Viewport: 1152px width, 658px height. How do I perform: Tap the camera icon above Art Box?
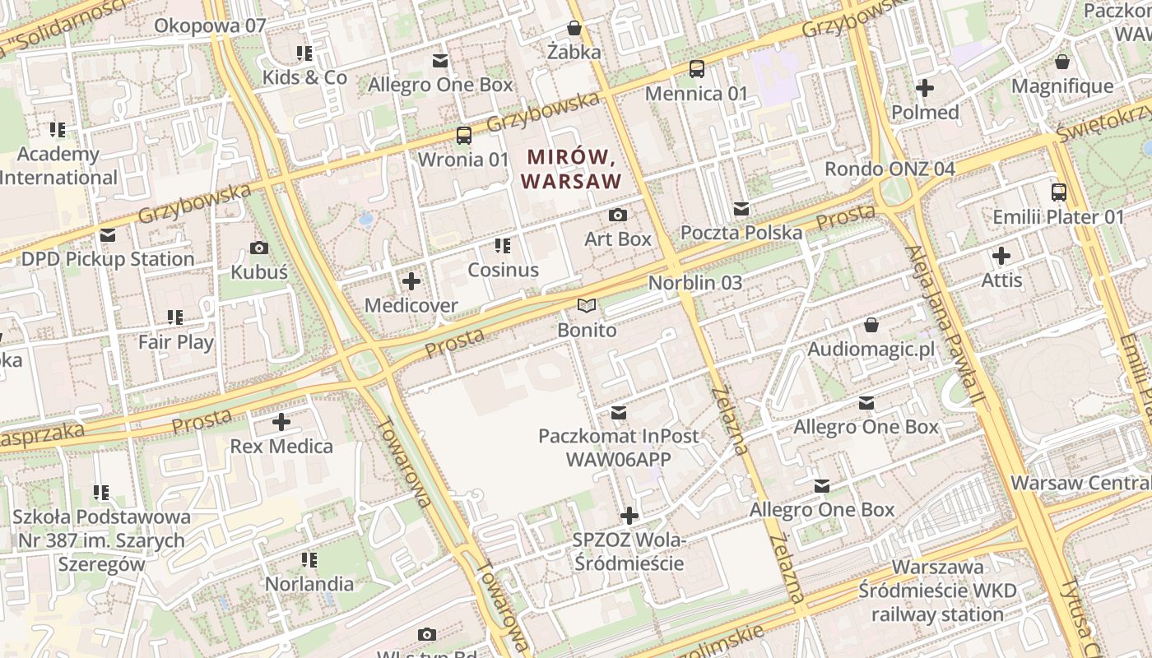click(617, 215)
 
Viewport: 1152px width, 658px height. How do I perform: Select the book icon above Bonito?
click(586, 306)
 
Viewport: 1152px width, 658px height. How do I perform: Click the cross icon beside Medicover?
click(411, 281)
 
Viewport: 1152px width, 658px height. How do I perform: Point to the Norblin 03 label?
click(694, 282)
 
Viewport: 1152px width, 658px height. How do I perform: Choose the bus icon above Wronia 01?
click(464, 136)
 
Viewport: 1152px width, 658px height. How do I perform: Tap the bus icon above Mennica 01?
click(696, 69)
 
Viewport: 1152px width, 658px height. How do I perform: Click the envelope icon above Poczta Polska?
click(741, 209)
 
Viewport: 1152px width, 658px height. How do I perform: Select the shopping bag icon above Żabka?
click(574, 29)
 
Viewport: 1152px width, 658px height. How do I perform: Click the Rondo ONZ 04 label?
click(890, 169)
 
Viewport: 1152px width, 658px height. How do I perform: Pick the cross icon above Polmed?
click(925, 88)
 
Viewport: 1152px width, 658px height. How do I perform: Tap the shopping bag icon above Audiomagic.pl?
click(871, 326)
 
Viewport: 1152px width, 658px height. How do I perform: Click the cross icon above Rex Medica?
click(281, 423)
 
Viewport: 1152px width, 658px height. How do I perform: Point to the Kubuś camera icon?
click(259, 248)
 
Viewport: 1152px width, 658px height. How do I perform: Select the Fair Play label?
click(175, 341)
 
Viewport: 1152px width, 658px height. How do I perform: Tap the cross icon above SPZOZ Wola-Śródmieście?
click(629, 517)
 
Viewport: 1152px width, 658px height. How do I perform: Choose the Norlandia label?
click(309, 584)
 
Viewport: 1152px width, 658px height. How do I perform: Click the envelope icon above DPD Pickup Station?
click(107, 235)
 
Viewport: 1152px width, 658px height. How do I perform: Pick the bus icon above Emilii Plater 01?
click(1058, 193)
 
